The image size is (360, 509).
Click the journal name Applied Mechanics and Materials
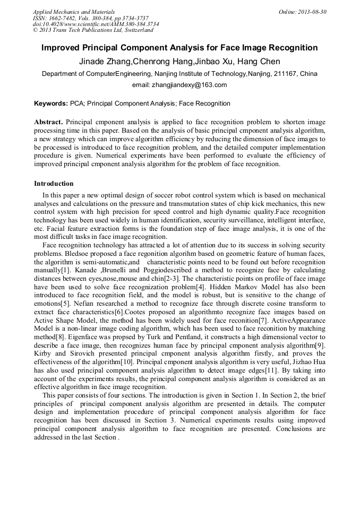coord(73,12)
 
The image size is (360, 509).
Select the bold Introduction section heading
coord(54,184)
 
